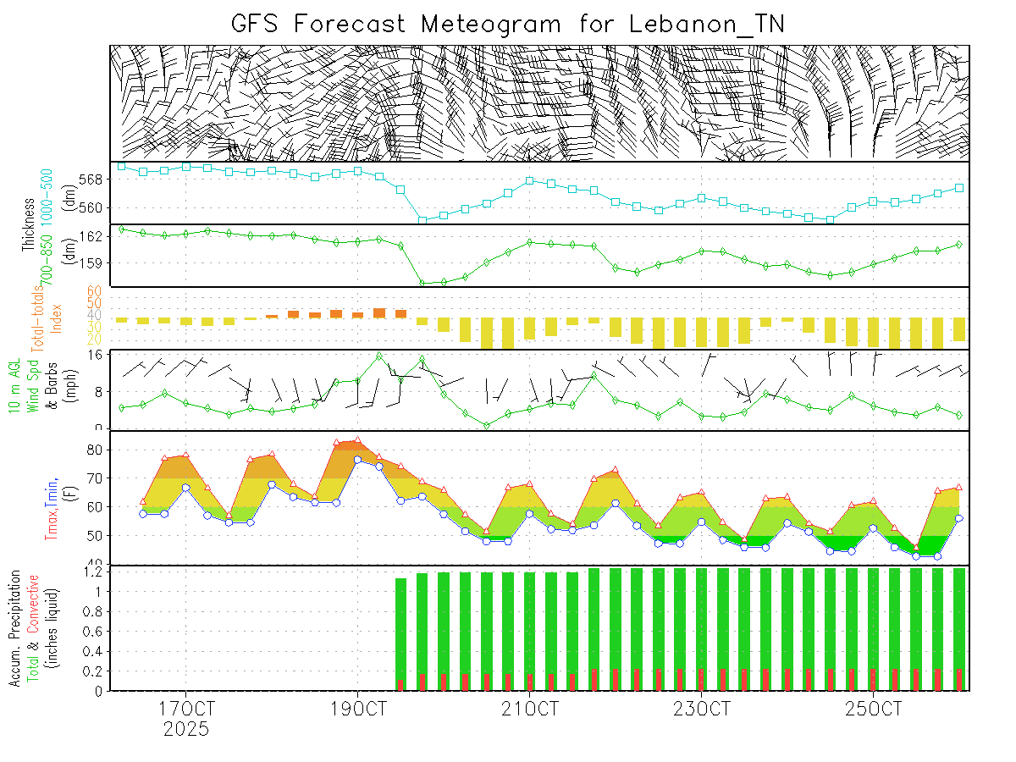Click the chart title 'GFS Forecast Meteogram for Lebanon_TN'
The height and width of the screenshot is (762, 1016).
(x=508, y=24)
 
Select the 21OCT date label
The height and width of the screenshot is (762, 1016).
(x=529, y=708)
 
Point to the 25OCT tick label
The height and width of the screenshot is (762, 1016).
(x=872, y=708)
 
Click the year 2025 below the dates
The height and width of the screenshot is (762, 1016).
(x=185, y=728)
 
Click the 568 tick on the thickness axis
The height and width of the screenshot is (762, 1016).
(x=95, y=179)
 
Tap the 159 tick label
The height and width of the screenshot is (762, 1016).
(x=95, y=262)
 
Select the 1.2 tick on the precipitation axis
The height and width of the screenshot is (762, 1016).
(x=93, y=572)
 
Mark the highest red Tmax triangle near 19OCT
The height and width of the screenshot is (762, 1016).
(x=357, y=440)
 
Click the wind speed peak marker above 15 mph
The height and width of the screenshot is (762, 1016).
(x=378, y=356)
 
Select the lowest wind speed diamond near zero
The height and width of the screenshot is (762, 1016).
(x=487, y=425)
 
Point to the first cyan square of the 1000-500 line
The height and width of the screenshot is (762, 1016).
(x=122, y=166)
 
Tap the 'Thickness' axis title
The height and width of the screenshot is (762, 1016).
(x=28, y=227)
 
